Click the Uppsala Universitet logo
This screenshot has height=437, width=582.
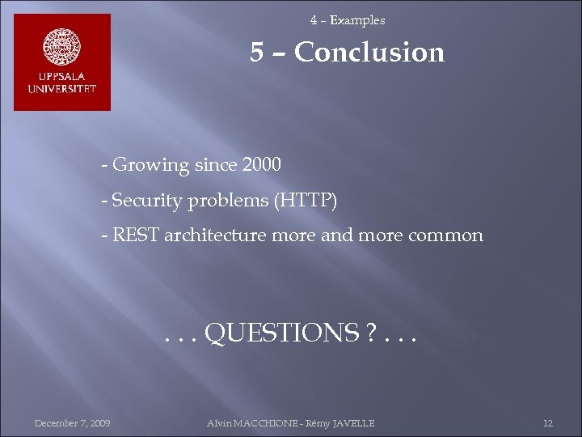point(62,62)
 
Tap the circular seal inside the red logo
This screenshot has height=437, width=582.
point(62,48)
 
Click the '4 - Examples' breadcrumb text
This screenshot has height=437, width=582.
point(348,20)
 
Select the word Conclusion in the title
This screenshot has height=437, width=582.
point(369,53)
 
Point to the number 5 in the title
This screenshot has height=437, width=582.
point(257,53)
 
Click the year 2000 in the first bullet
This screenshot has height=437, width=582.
point(260,165)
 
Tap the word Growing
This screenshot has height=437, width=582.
point(150,166)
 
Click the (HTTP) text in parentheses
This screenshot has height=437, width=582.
point(306,201)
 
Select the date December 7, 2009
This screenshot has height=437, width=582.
point(73,423)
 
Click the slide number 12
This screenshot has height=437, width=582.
point(547,423)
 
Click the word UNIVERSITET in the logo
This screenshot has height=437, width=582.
point(62,88)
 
